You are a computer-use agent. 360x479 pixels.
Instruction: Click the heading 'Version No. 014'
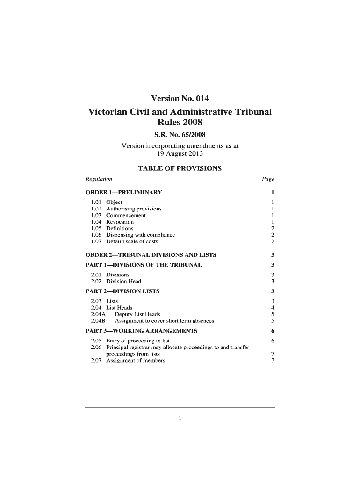pos(180,99)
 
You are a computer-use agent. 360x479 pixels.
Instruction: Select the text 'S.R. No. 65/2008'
pos(180,136)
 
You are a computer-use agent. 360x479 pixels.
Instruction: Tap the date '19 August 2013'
pos(180,153)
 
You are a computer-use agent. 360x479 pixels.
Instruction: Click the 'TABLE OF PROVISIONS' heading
pos(180,168)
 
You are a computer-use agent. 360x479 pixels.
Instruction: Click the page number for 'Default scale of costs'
pos(272,241)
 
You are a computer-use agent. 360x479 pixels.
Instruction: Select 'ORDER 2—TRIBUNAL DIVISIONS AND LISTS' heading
pos(151,255)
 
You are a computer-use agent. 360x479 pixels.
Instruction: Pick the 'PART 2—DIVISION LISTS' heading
pos(122,291)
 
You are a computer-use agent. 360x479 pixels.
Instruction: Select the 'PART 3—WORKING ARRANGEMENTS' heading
pos(141,331)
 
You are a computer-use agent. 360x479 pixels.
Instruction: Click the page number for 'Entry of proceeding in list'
pos(272,341)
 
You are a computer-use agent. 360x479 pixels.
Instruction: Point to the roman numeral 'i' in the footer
pos(180,418)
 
